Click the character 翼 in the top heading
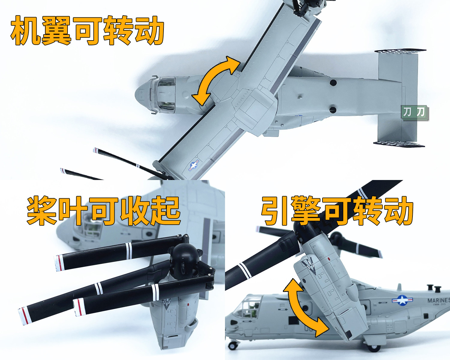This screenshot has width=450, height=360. pos(56,31)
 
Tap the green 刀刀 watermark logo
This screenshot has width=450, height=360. pos(415,113)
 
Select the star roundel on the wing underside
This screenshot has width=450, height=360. pos(194,166)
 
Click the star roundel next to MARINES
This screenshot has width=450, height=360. pos(402,301)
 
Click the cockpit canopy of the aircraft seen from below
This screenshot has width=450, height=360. pos(163,95)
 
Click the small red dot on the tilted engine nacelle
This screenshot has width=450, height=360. pos(329,259)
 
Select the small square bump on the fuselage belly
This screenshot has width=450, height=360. pos(300,96)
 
